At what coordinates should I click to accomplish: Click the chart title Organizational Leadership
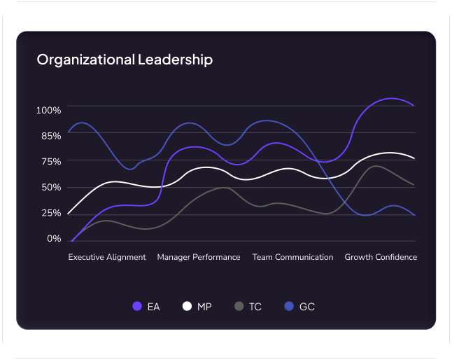tap(125, 60)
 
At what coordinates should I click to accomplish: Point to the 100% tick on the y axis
tap(49, 110)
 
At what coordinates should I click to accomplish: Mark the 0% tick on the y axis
tap(54, 239)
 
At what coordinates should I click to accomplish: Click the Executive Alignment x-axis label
tap(107, 257)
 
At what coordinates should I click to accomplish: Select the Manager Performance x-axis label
tap(199, 257)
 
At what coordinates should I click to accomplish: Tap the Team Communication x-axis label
tap(292, 257)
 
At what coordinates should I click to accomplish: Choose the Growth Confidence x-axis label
tap(381, 257)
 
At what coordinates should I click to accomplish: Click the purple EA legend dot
tap(137, 306)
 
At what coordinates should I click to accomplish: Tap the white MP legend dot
tap(187, 306)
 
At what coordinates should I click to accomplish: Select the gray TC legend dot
tap(239, 306)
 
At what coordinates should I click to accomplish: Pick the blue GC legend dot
tap(289, 306)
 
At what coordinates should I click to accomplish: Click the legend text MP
tap(204, 307)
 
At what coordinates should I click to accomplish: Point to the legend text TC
tap(255, 307)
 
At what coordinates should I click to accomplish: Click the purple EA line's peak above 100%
tap(390, 98)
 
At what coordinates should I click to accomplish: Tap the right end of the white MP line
tap(415, 158)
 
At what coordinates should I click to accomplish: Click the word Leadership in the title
tap(175, 60)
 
